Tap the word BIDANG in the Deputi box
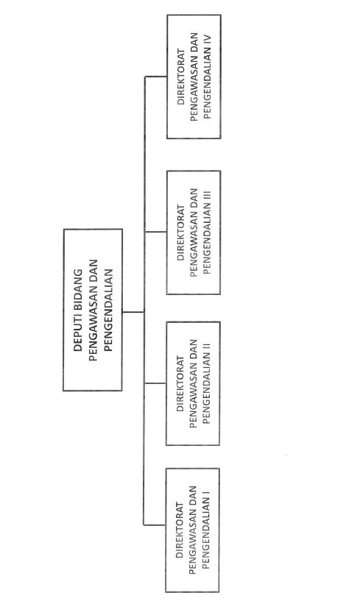tap(78, 289)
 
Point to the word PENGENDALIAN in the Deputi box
tap(108, 310)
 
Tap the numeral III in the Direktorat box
tap(208, 196)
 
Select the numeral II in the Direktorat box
tap(208, 346)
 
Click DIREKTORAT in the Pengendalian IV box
tap(181, 77)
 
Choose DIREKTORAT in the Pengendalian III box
tap(181, 232)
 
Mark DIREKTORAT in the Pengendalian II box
tap(180, 383)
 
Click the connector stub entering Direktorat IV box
tap(156, 77)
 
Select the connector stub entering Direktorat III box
tap(156, 232)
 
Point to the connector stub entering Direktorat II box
tap(155, 383)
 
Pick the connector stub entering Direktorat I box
tap(155, 525)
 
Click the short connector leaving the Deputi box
tap(133, 312)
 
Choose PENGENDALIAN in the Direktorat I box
tap(206, 533)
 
